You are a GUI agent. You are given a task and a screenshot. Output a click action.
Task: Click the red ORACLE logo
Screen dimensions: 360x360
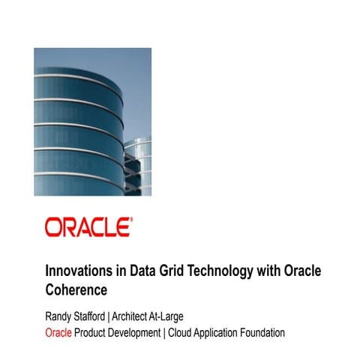tap(88, 227)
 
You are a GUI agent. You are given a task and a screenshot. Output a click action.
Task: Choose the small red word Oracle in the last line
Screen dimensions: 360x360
tap(58, 332)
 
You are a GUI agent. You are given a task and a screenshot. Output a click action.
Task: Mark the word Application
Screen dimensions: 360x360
tap(235, 332)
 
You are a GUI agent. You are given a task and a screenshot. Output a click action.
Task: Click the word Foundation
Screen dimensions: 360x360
tap(285, 332)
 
